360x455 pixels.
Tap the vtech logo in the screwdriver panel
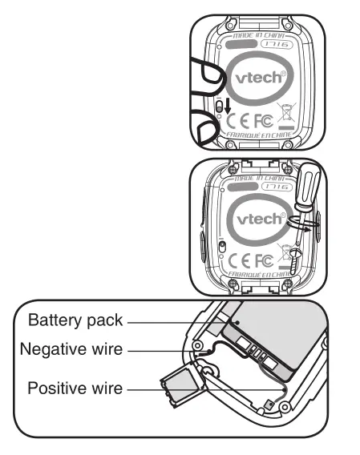tap(257, 218)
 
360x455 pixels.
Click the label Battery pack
tap(75, 320)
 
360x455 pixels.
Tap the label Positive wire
tap(75, 389)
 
